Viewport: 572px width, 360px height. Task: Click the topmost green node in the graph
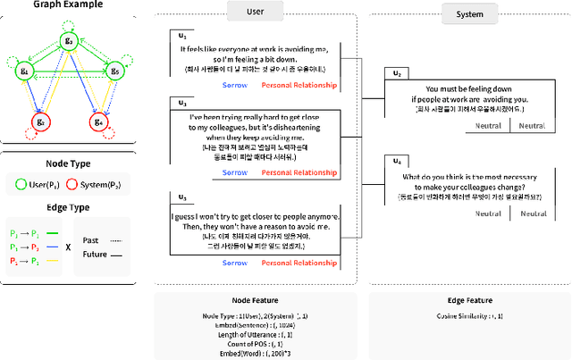point(70,40)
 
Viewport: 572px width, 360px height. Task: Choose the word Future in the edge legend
point(93,253)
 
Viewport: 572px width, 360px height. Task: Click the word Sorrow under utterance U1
point(235,86)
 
